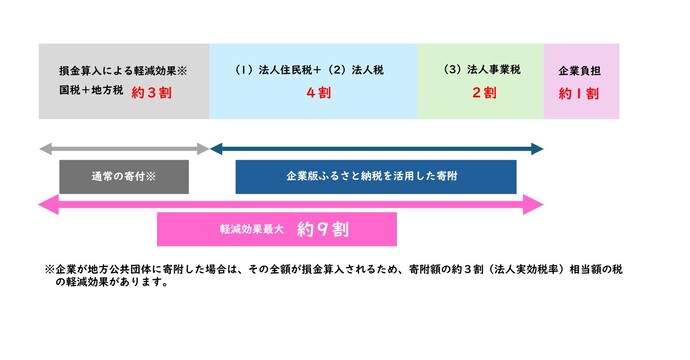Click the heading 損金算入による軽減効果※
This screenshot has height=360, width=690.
click(x=124, y=72)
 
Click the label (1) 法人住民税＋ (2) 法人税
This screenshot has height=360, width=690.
click(x=312, y=71)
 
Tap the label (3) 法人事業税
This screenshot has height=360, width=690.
click(x=482, y=71)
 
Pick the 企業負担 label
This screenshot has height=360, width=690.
click(x=581, y=71)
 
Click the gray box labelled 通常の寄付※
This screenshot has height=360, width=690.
click(x=123, y=176)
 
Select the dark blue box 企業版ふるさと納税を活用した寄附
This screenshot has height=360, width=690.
click(x=376, y=176)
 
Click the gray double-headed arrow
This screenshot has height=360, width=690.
click(x=124, y=149)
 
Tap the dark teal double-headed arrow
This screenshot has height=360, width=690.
click(x=376, y=149)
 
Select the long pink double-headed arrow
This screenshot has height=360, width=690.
click(x=290, y=204)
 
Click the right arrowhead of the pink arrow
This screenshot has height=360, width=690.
click(x=536, y=204)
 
